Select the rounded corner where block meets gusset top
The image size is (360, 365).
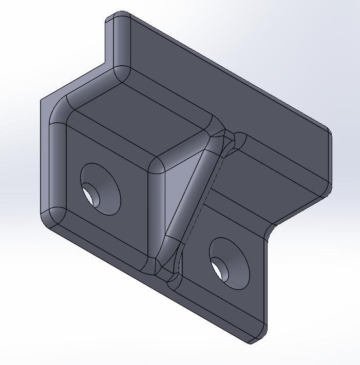[x=156, y=165]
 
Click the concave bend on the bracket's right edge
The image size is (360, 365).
[x=270, y=231]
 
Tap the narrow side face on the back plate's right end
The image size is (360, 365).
[x=329, y=164]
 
